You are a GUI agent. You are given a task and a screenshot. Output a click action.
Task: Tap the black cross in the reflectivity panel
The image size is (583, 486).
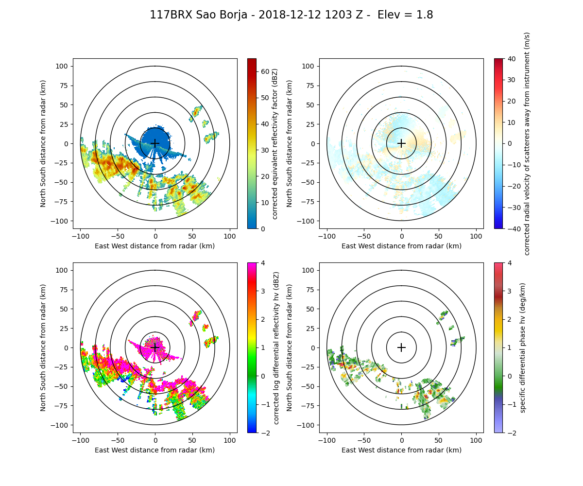coord(155,143)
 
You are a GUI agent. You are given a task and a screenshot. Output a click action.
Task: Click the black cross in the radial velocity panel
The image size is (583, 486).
coord(401,143)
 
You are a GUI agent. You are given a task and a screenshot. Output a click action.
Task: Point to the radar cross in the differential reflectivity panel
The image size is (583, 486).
coord(155,347)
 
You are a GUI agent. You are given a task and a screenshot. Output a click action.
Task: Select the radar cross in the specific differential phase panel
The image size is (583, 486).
coord(401,347)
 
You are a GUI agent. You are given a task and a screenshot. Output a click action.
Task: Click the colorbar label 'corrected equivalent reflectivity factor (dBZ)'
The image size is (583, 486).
coord(274,143)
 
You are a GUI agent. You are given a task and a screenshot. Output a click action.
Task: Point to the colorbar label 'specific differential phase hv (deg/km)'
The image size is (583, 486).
coord(523,347)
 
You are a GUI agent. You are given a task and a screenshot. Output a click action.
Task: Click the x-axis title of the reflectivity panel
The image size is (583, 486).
coord(155,246)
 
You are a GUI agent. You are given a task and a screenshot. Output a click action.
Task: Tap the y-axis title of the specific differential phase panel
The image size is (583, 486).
coord(290,347)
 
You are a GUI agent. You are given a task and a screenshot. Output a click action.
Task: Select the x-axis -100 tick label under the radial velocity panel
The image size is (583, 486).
coord(327,236)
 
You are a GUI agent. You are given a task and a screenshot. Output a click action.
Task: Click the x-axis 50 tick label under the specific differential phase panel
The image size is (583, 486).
coord(439,440)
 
